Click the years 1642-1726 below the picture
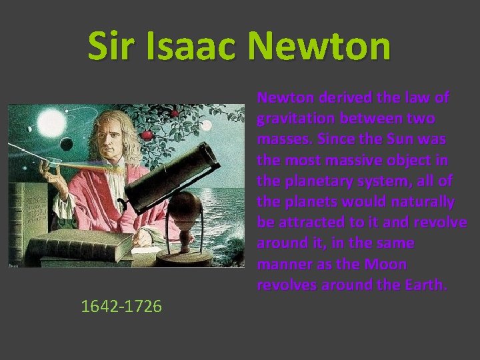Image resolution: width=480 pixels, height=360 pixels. point(121,306)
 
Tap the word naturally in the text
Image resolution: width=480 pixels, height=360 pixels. point(423,201)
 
